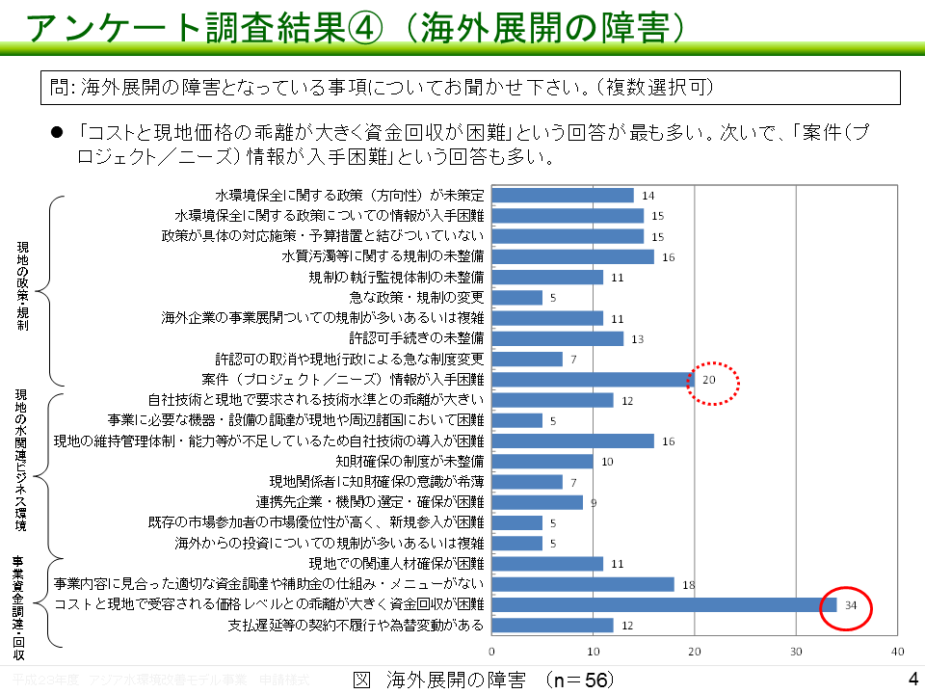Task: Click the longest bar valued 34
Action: [x=664, y=604]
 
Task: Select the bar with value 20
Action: [x=593, y=380]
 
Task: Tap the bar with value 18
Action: [x=583, y=584]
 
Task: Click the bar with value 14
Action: [x=563, y=196]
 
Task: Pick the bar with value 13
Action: [x=558, y=338]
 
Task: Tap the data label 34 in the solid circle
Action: [x=851, y=605]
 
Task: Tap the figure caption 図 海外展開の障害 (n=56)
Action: [x=483, y=681]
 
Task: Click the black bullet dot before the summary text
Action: [x=56, y=132]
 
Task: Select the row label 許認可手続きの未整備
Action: [x=416, y=338]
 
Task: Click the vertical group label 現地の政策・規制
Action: [x=23, y=287]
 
